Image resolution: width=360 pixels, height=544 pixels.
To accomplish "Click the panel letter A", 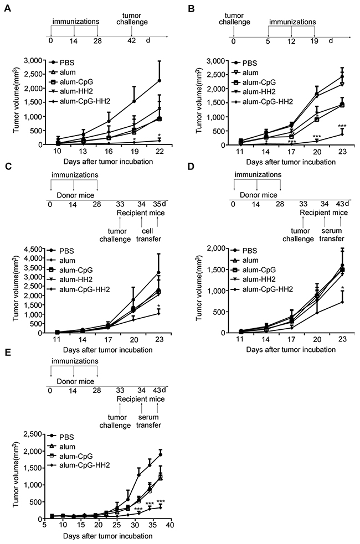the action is pyautogui.click(x=7, y=8).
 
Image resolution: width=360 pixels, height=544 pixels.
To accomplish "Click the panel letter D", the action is pyautogui.click(x=191, y=166).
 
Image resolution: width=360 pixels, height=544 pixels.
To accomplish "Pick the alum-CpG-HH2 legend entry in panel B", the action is pyautogui.click(x=262, y=102).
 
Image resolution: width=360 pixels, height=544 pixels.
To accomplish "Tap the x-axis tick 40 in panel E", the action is pyautogui.click(x=170, y=525).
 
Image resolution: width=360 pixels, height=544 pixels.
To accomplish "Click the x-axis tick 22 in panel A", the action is pyautogui.click(x=160, y=151).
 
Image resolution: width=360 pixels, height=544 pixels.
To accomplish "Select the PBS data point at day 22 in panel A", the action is pyautogui.click(x=160, y=80).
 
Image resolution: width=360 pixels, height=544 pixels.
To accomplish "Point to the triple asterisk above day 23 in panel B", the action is pyautogui.click(x=342, y=126).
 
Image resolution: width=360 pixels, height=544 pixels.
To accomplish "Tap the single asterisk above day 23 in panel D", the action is pyautogui.click(x=342, y=288).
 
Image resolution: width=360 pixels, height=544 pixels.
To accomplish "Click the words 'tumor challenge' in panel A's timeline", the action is pyautogui.click(x=132, y=19).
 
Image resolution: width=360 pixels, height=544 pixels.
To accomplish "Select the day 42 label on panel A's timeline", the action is pyautogui.click(x=131, y=40).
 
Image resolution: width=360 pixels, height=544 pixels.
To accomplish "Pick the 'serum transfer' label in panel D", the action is pyautogui.click(x=332, y=235).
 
